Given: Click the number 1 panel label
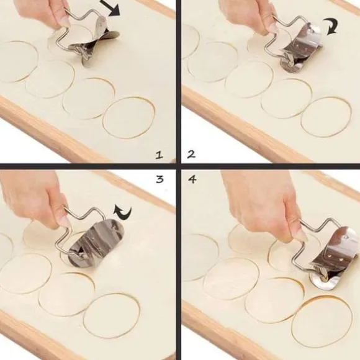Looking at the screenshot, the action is (160, 155).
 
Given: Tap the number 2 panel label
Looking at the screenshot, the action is (191, 154).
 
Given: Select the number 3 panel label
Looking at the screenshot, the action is (160, 179).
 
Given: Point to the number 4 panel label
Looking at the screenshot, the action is (192, 179).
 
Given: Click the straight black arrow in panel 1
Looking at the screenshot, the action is (110, 8).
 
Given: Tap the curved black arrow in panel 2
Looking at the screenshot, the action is (331, 27).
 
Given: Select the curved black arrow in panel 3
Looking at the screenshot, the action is (122, 213).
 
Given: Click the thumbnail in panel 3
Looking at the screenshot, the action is (65, 222).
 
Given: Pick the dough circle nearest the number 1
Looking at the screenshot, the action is (128, 118).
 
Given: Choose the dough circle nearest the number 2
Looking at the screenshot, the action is (326, 117).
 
